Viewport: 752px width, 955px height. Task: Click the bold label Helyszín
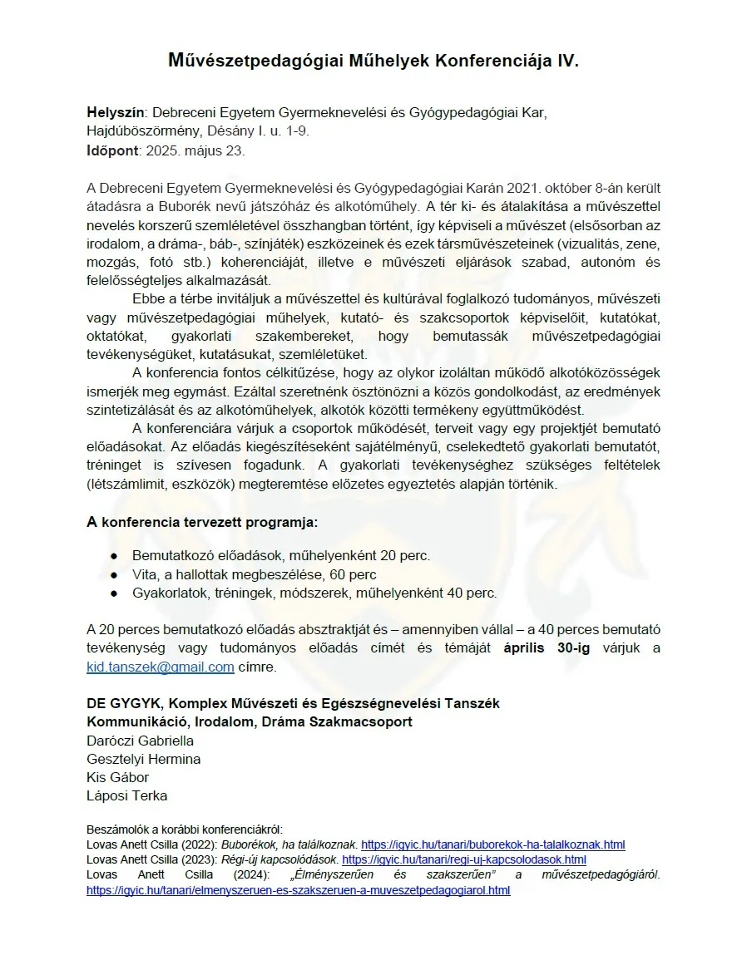pyautogui.click(x=116, y=112)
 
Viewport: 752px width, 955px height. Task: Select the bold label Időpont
pyautogui.click(x=114, y=151)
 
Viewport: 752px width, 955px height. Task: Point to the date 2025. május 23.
pyautogui.click(x=195, y=151)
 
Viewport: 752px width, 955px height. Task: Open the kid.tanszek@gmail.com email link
pyautogui.click(x=160, y=667)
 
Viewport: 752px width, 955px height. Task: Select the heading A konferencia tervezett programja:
pyautogui.click(x=202, y=523)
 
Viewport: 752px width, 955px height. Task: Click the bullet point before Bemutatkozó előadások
pyautogui.click(x=114, y=556)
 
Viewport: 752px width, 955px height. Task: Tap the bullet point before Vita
pyautogui.click(x=114, y=575)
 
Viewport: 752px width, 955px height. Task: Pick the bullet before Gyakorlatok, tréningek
pyautogui.click(x=114, y=593)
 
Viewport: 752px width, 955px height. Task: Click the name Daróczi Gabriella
pyautogui.click(x=140, y=741)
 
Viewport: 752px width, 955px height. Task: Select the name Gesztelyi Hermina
pyautogui.click(x=143, y=759)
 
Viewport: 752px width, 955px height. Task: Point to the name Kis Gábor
pyautogui.click(x=117, y=777)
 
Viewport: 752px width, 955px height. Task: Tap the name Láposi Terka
pyautogui.click(x=126, y=795)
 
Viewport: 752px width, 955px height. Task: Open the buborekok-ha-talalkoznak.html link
pyautogui.click(x=492, y=844)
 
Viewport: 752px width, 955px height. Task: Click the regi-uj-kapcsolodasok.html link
pyautogui.click(x=463, y=859)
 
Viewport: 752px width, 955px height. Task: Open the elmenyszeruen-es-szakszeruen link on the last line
pyautogui.click(x=298, y=890)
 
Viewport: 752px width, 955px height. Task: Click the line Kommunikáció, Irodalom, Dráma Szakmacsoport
pyautogui.click(x=250, y=721)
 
